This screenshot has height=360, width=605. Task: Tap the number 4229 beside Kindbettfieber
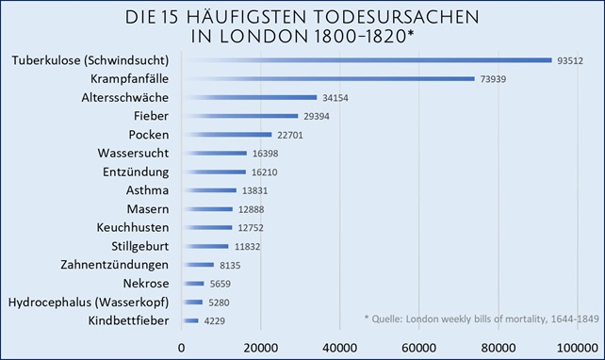pos(217,321)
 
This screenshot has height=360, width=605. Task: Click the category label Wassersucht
pos(133,154)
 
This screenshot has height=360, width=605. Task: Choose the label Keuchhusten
pos(132,228)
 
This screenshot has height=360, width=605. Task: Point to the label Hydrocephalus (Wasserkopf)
pos(89,303)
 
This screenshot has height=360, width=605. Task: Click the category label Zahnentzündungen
pos(114,265)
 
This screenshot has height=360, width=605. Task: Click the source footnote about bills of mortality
pos(481,319)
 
